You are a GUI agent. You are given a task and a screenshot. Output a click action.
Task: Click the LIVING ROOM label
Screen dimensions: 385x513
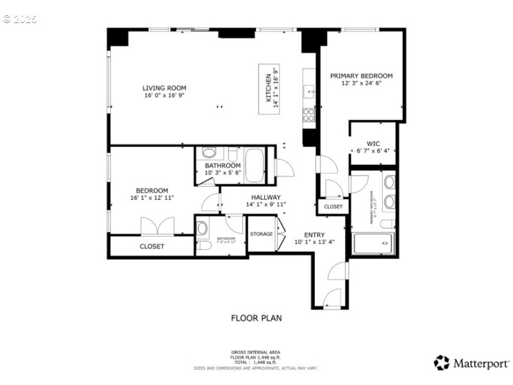click(164, 88)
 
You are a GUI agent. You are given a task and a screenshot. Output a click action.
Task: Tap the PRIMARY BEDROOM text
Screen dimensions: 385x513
click(361, 76)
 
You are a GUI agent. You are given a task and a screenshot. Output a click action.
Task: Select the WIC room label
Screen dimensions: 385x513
click(373, 144)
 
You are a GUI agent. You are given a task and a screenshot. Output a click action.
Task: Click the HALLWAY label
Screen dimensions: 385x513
click(265, 198)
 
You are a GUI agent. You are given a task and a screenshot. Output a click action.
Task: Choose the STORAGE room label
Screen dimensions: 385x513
click(261, 234)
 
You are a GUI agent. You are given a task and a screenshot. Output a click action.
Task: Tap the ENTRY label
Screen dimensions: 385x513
click(314, 235)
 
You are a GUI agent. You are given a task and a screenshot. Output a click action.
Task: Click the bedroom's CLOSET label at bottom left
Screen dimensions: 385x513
click(151, 246)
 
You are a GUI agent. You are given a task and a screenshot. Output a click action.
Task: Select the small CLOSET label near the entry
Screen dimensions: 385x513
click(333, 207)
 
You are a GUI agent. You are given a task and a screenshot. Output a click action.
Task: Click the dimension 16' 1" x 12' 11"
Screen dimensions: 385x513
click(151, 198)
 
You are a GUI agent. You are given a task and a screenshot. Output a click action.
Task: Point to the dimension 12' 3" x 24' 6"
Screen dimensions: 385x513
click(361, 83)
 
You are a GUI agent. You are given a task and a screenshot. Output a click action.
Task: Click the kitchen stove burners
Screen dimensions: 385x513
click(308, 115)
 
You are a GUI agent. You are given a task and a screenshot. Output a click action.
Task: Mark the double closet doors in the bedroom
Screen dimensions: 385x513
click(157, 226)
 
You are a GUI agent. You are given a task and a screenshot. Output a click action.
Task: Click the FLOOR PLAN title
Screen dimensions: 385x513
click(256, 318)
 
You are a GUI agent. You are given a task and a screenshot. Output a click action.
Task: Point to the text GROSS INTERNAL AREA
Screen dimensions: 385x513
click(256, 352)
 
